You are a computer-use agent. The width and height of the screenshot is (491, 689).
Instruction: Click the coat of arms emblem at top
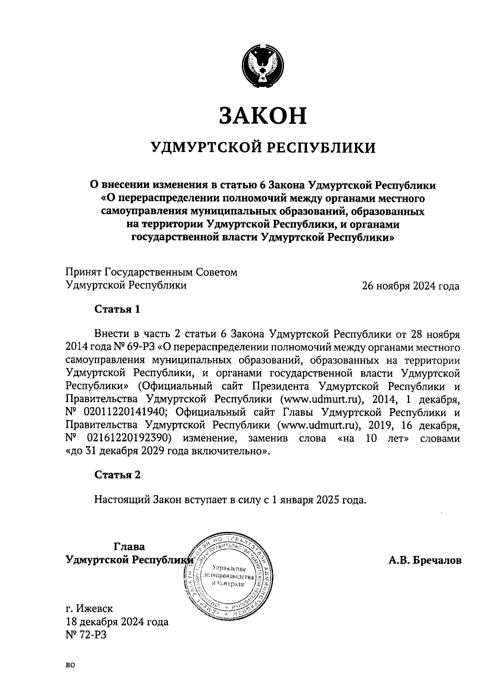coord(263,66)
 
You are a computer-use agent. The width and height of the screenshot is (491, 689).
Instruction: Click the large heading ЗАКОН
coord(262,115)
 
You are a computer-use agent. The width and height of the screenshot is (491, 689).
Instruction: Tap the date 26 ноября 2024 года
coord(410,286)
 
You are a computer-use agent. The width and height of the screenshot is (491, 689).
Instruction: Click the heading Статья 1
coord(117,309)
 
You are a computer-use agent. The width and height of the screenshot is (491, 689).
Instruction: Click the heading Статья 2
coord(117,475)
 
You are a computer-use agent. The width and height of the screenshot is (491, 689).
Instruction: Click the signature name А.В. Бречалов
coord(425,560)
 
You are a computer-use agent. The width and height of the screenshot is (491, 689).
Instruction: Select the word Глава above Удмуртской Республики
coord(129,547)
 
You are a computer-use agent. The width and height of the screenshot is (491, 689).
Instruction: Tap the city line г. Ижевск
coord(90,608)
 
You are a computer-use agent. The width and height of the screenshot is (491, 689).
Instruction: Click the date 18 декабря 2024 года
coord(117,622)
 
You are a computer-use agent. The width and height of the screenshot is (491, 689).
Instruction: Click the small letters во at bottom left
coord(70,665)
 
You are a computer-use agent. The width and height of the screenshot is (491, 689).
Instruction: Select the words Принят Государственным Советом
coord(151,272)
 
